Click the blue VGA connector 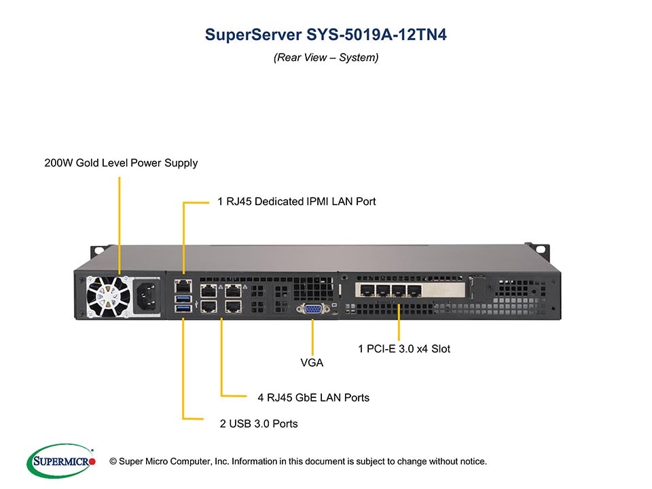pos(312,309)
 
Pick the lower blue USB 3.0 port pos(183,309)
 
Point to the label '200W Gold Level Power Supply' pos(121,163)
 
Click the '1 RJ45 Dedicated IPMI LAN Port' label pos(296,201)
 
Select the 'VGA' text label pos(312,363)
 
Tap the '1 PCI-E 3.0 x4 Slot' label pos(404,348)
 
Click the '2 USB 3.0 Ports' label pos(259,424)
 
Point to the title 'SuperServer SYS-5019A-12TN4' pos(326,35)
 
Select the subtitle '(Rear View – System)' pos(326,58)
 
